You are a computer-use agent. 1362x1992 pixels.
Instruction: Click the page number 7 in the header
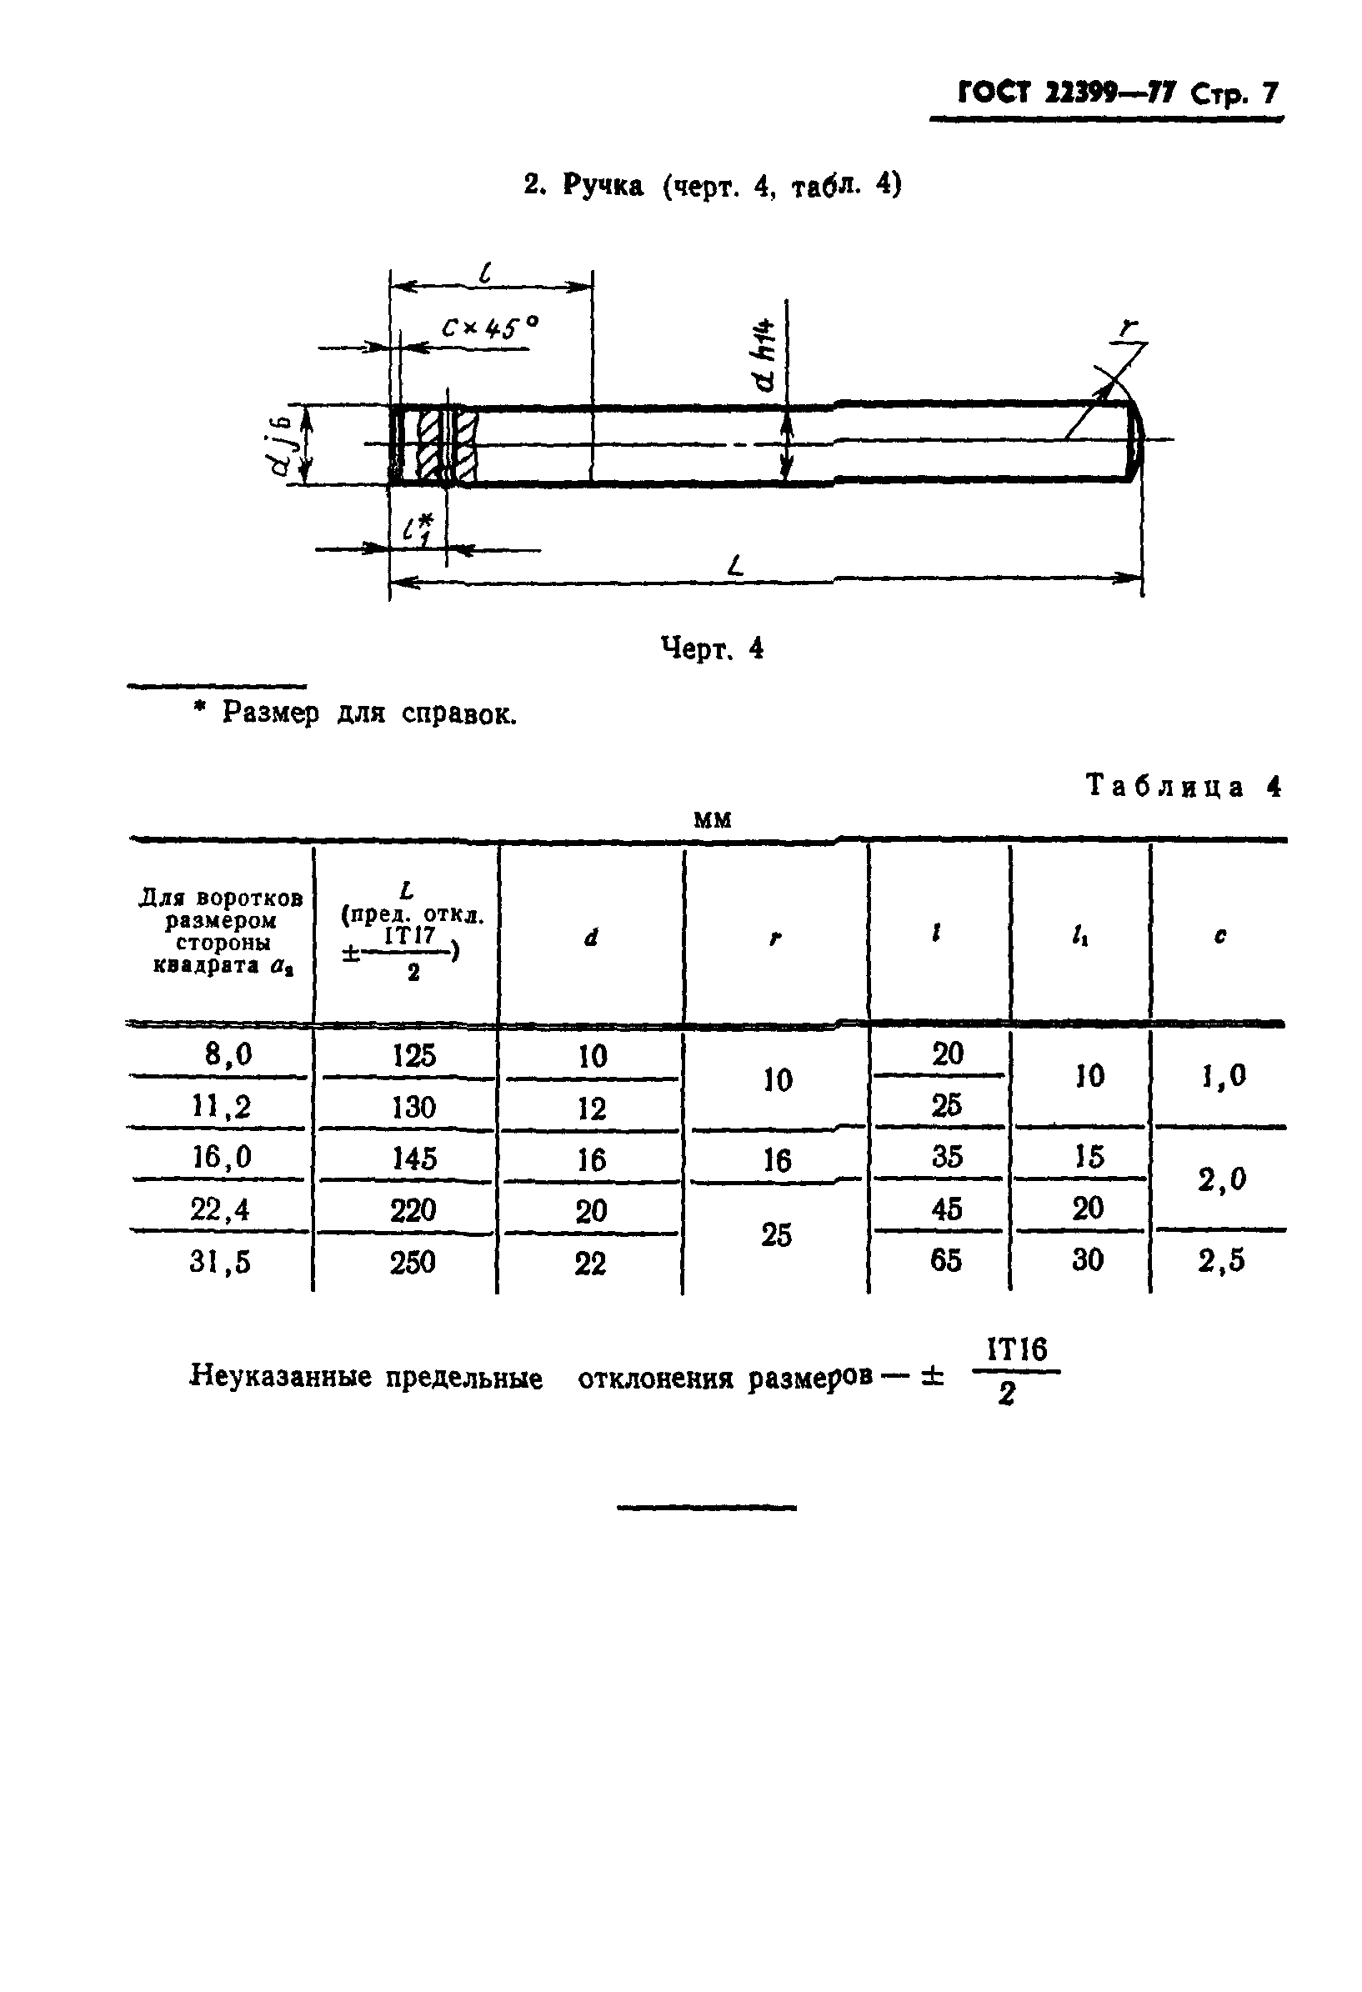(1268, 93)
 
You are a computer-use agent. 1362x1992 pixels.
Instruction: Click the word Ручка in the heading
(603, 185)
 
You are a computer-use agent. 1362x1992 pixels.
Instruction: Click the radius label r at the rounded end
(1129, 328)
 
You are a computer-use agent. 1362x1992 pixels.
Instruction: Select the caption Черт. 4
(712, 648)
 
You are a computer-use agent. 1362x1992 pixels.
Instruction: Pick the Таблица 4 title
(1183, 786)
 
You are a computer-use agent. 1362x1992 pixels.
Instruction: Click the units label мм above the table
(713, 820)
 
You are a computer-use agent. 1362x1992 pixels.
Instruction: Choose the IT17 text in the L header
(409, 935)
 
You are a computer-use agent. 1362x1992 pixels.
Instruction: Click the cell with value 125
(414, 1055)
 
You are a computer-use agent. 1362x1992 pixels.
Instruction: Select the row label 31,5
(220, 1262)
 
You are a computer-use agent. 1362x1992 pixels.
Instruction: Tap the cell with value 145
(414, 1159)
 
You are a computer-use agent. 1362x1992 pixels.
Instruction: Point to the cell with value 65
(945, 1260)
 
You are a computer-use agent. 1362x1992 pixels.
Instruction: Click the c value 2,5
(1220, 1261)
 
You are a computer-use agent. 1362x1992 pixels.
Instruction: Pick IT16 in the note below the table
(1016, 1350)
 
